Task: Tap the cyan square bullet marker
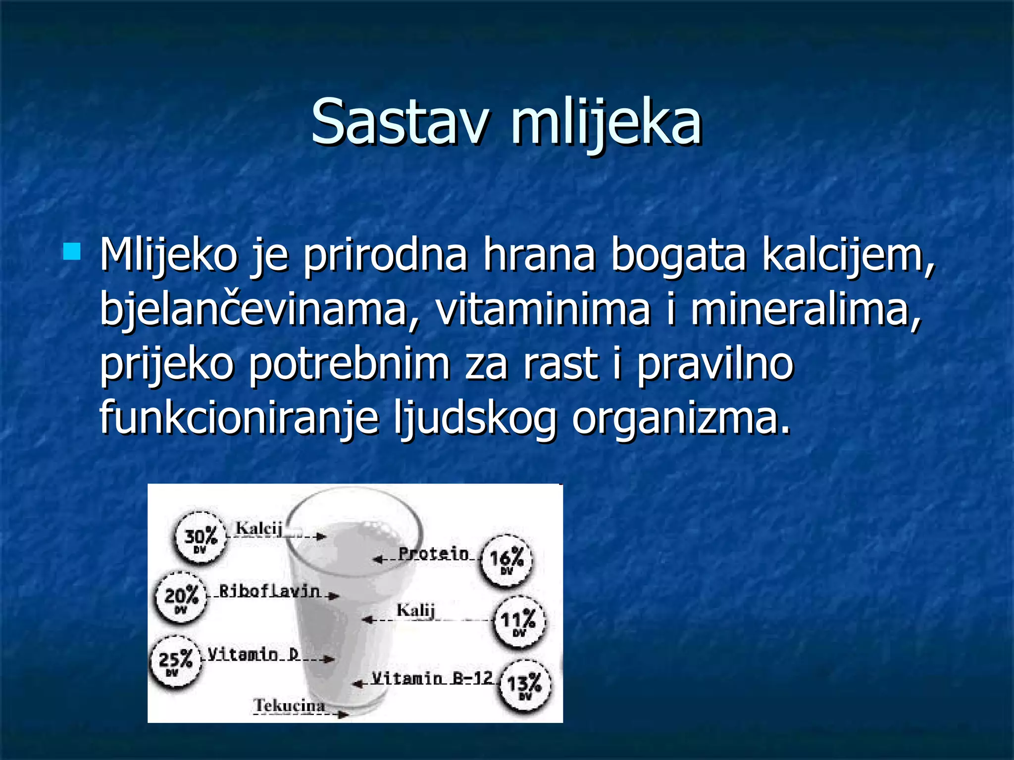[72, 251]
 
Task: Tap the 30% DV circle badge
[201, 537]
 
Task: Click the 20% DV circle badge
[181, 598]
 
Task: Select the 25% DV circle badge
[175, 662]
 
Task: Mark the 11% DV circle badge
[518, 622]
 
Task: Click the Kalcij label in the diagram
[258, 528]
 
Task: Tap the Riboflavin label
[270, 591]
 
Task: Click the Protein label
[434, 554]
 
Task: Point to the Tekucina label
[290, 705]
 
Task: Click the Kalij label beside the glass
[415, 610]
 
